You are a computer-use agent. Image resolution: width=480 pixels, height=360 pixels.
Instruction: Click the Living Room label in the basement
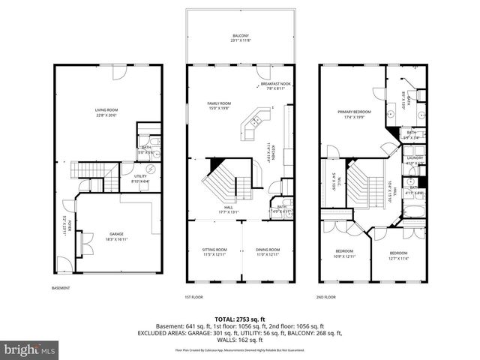(106, 110)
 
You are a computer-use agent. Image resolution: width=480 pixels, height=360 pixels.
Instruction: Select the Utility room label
(140, 176)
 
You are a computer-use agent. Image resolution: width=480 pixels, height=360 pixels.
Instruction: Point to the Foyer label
(65, 223)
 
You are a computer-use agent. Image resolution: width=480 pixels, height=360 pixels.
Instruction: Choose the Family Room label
(219, 103)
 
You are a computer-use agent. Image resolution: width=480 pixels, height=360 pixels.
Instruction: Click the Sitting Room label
(214, 250)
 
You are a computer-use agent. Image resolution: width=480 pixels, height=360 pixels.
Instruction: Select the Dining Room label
(268, 250)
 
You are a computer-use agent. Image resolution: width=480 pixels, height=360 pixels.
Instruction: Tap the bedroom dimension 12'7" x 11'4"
(398, 257)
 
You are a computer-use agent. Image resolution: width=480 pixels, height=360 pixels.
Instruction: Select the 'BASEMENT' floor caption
(61, 289)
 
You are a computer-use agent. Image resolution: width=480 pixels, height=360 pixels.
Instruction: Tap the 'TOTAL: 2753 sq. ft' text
(239, 319)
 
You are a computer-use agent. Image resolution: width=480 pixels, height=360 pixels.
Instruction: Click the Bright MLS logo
(30, 349)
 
